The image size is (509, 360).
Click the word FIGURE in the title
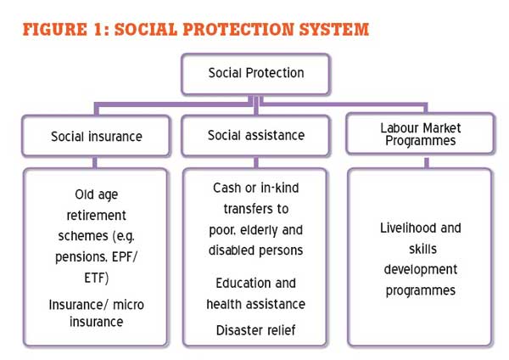click(x=55, y=29)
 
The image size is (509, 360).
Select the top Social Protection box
click(x=256, y=75)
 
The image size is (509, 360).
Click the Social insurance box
click(x=96, y=136)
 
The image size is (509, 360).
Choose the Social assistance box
click(x=256, y=136)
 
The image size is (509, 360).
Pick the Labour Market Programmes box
click(x=421, y=133)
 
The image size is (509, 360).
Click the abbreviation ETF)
click(x=97, y=278)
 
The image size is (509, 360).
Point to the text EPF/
click(x=125, y=257)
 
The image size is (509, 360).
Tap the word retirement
click(x=96, y=216)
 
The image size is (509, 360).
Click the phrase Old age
click(x=97, y=195)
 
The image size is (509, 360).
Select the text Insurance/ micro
click(x=97, y=305)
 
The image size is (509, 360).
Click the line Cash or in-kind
click(x=256, y=188)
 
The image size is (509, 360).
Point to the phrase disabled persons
click(x=256, y=250)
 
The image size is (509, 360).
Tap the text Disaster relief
click(x=256, y=330)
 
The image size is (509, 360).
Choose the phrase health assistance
click(x=256, y=304)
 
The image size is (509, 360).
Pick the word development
click(x=421, y=270)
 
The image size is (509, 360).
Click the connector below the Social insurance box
click(x=95, y=162)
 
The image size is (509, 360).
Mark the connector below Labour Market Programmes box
click(x=427, y=162)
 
